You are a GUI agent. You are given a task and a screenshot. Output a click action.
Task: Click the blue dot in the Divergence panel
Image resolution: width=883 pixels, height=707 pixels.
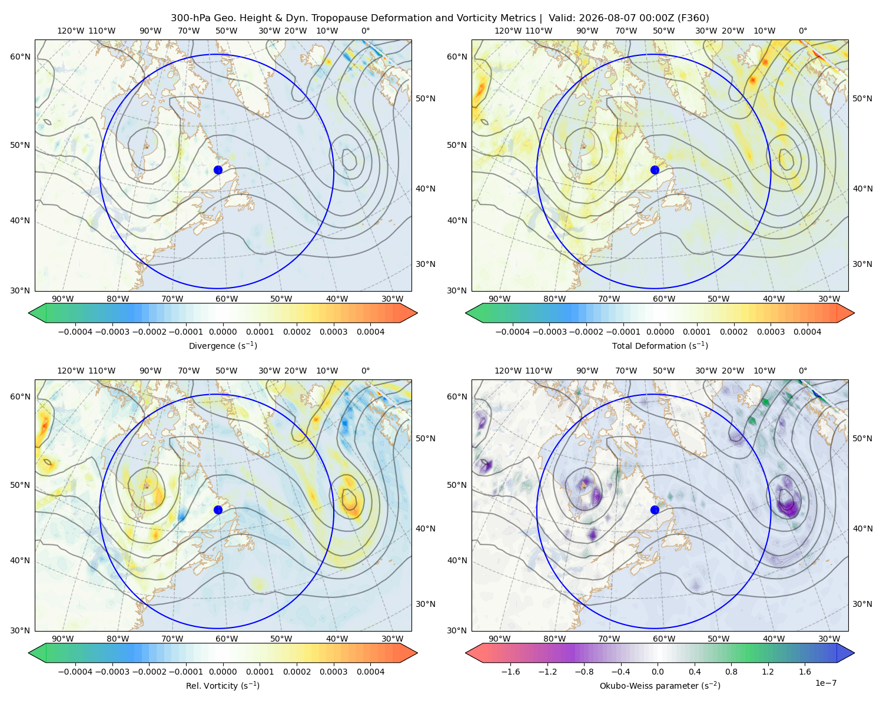(x=218, y=170)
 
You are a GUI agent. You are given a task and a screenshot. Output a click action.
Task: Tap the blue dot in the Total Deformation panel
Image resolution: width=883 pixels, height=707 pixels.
(x=655, y=170)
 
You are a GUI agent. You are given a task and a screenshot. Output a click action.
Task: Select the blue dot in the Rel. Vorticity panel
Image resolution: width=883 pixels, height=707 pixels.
(x=218, y=510)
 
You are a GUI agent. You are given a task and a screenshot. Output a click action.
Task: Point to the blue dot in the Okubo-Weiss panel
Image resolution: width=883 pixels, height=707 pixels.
(x=655, y=510)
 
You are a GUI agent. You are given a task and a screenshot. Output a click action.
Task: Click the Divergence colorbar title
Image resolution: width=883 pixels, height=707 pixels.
(x=223, y=346)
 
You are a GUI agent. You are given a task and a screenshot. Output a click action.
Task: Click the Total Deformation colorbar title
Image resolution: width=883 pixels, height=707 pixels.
(x=660, y=346)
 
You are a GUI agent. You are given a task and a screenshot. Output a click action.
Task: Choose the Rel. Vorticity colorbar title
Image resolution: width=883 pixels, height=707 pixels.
(x=223, y=686)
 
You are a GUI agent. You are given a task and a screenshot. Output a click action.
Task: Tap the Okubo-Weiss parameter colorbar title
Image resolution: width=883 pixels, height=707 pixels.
(x=660, y=686)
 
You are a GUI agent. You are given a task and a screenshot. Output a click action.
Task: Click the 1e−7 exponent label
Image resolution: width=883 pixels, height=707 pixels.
(x=825, y=683)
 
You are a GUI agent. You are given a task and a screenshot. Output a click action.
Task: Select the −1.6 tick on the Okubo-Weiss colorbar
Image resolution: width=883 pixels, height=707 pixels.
(x=510, y=672)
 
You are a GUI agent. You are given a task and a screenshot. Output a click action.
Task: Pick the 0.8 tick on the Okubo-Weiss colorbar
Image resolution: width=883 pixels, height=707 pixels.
(x=731, y=672)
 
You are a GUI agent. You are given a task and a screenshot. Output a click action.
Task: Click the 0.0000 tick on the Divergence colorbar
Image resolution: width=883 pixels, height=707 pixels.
(x=223, y=332)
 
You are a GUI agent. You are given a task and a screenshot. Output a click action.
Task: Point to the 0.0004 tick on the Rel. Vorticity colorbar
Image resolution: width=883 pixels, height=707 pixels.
(x=370, y=672)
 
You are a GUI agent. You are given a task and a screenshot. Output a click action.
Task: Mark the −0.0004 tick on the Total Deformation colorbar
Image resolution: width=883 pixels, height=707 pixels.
(x=513, y=332)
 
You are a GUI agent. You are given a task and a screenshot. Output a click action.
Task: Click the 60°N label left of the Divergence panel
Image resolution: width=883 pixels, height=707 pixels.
(x=20, y=57)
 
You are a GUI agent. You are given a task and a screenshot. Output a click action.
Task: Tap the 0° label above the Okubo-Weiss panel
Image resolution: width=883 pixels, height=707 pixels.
(x=802, y=371)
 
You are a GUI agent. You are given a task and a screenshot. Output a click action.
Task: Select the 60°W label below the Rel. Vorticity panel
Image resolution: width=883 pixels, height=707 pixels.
(x=227, y=639)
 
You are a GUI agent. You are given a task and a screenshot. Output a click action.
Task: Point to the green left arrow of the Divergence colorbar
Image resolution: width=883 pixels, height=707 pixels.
(x=37, y=313)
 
